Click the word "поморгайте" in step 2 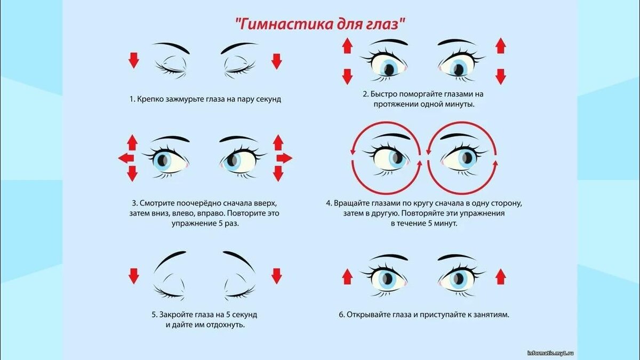(420, 94)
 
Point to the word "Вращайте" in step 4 (353, 203)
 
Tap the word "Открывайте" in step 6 (369, 315)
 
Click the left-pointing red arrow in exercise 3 (126, 158)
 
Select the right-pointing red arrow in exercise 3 (284, 158)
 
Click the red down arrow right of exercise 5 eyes (276, 276)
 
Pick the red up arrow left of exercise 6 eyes (347, 276)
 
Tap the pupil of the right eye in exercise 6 (458, 279)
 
